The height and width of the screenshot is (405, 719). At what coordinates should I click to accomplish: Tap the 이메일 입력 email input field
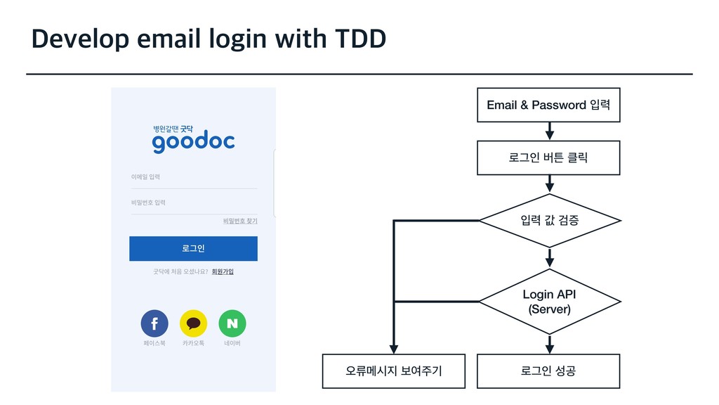point(193,178)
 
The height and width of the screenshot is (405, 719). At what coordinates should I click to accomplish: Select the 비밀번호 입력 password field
point(193,203)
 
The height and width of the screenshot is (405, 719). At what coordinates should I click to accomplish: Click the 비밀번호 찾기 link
point(240,221)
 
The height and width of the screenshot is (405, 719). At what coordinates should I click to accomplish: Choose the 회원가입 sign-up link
point(223,271)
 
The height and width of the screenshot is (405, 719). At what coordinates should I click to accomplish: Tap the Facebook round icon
point(154,323)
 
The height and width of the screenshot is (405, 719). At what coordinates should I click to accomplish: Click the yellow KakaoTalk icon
point(193,323)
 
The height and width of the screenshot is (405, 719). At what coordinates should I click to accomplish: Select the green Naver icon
point(232,323)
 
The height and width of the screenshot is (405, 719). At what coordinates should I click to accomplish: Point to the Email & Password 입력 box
point(548,105)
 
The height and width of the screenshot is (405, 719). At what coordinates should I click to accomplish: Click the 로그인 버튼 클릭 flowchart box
point(548,157)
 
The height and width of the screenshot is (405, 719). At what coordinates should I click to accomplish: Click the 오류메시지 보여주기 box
point(394,371)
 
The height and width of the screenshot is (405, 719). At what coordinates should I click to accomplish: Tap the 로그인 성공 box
point(548,371)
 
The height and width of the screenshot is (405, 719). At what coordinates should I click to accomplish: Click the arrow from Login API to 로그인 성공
point(550,344)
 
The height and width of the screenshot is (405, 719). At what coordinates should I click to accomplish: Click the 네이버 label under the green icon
point(232,344)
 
